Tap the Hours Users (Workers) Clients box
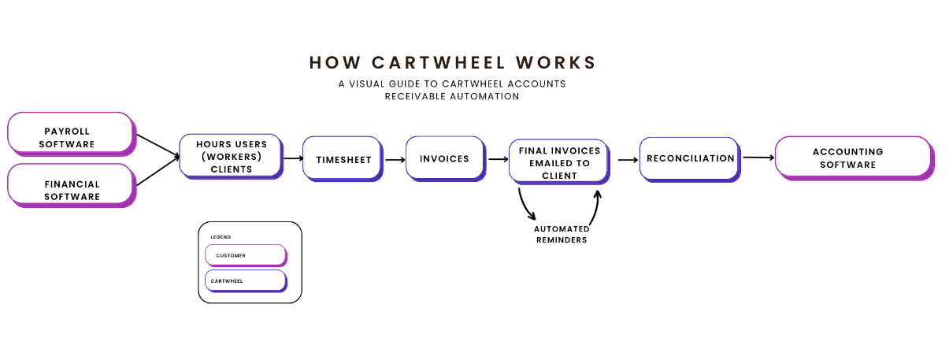click(x=230, y=156)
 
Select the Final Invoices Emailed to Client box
click(x=558, y=162)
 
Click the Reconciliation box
click(x=689, y=158)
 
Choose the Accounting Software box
click(x=852, y=157)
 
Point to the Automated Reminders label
click(x=561, y=234)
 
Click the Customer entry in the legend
click(x=244, y=255)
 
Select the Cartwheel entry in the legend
click(x=244, y=280)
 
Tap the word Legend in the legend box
click(x=221, y=236)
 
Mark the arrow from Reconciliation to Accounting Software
click(x=758, y=158)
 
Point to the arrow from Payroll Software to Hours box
click(x=158, y=146)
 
